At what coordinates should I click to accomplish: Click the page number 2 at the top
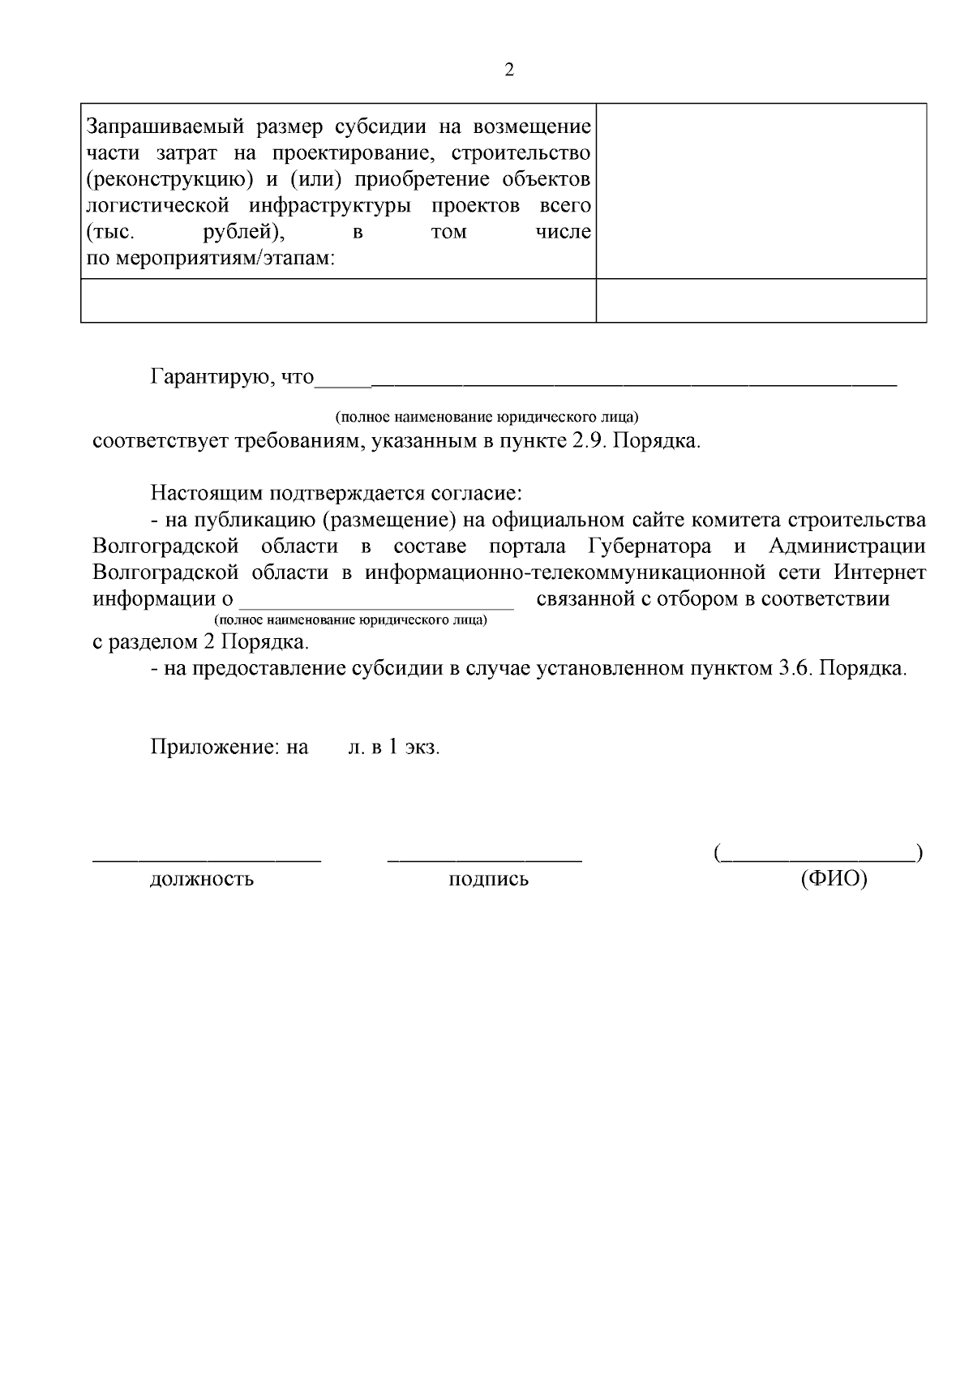point(508,70)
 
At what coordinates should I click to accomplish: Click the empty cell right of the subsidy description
point(761,191)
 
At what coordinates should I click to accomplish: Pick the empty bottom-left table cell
point(338,301)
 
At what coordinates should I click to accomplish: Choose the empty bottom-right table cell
point(761,301)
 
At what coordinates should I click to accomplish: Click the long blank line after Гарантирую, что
point(632,381)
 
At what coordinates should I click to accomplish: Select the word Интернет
point(879,572)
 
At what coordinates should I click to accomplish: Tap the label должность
point(201,879)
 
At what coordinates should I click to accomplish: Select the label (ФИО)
point(834,879)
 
